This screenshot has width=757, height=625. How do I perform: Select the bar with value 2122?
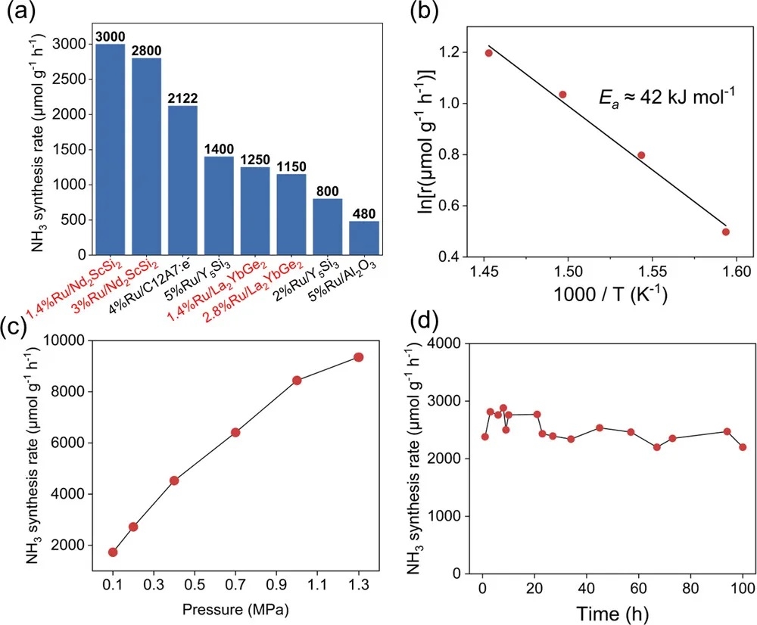click(183, 181)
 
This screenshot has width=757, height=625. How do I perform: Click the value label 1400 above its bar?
click(220, 149)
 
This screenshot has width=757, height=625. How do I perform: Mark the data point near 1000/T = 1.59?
click(725, 232)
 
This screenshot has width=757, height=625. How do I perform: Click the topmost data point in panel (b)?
click(488, 53)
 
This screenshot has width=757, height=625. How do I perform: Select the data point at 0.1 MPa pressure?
click(113, 552)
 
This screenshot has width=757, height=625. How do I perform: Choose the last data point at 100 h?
click(743, 447)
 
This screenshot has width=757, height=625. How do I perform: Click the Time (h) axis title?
click(614, 611)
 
